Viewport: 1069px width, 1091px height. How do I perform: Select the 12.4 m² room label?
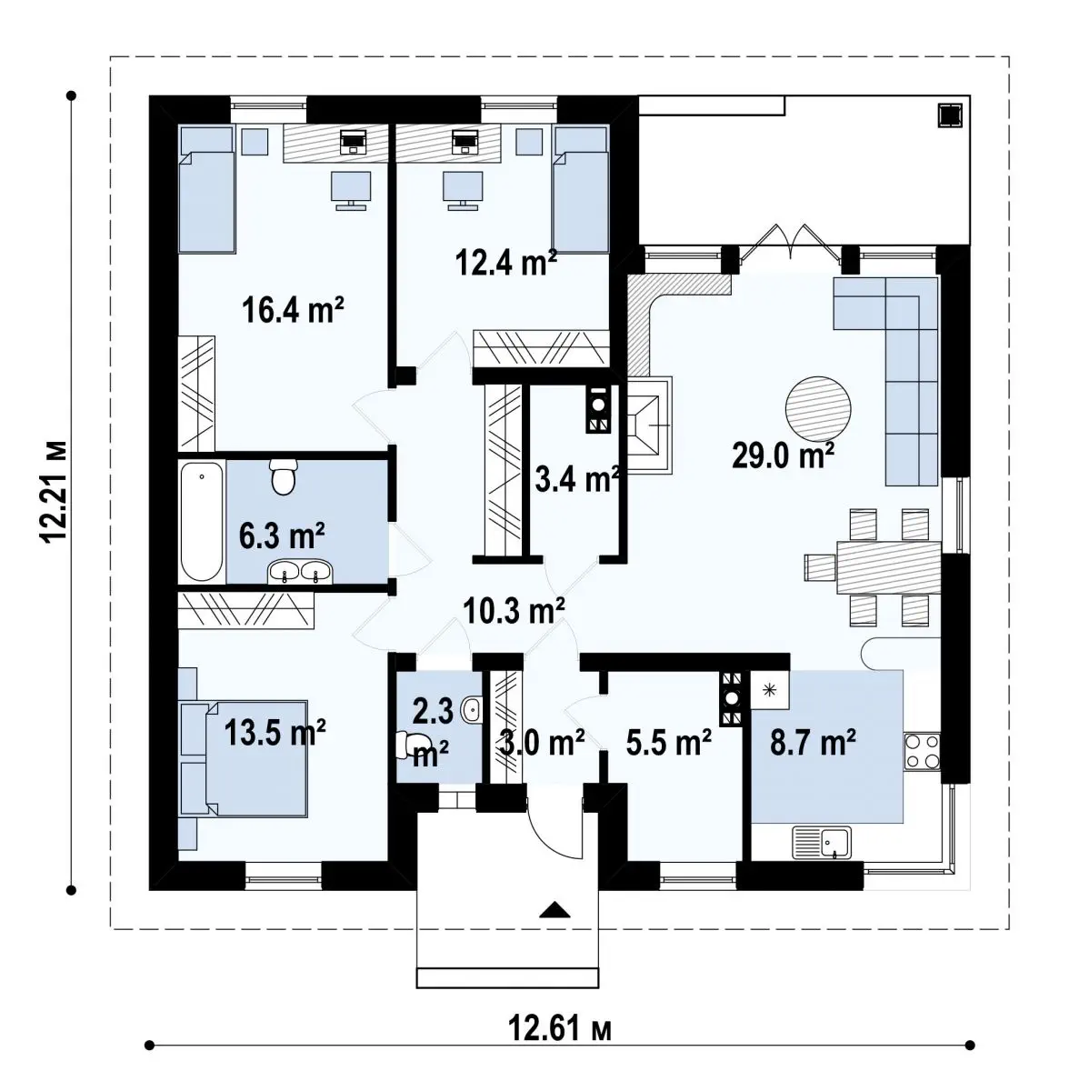point(506,262)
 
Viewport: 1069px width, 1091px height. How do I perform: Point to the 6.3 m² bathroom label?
point(282,535)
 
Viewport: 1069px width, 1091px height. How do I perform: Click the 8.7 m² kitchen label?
point(813,742)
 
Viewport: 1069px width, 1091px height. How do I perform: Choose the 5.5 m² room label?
point(669,742)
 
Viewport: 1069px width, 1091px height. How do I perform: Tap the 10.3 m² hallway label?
point(514,611)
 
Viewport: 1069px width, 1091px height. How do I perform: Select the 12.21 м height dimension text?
point(55,492)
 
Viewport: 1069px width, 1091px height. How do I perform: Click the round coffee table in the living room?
point(817,409)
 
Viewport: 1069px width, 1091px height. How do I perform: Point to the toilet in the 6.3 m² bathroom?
point(283,475)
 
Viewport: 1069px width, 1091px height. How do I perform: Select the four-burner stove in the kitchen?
point(923,751)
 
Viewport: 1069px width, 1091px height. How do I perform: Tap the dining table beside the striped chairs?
point(888,567)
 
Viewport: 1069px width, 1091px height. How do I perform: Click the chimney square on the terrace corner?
point(950,115)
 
